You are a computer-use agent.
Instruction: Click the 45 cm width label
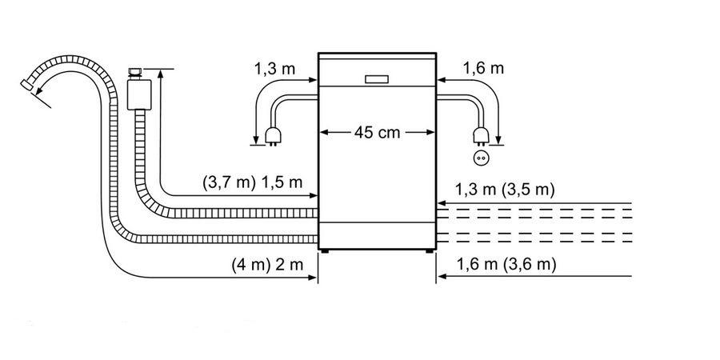[377, 133]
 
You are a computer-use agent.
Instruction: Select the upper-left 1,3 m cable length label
[274, 70]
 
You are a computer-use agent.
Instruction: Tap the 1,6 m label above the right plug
[483, 69]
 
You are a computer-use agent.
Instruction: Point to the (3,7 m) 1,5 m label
[253, 182]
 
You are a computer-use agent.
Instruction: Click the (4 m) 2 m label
[268, 265]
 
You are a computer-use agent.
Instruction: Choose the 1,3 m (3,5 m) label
[505, 189]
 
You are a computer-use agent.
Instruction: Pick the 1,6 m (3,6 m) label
[506, 265]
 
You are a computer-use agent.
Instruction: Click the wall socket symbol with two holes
[480, 158]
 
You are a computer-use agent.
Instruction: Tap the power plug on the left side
[271, 136]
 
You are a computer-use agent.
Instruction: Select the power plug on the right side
[480, 136]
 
